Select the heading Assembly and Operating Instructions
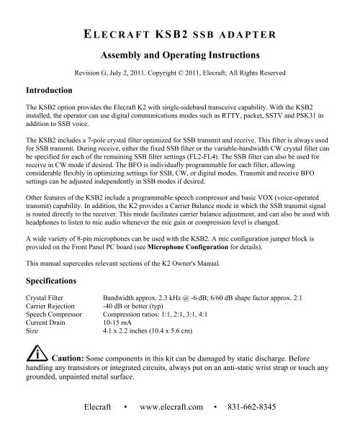tap(179, 54)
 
